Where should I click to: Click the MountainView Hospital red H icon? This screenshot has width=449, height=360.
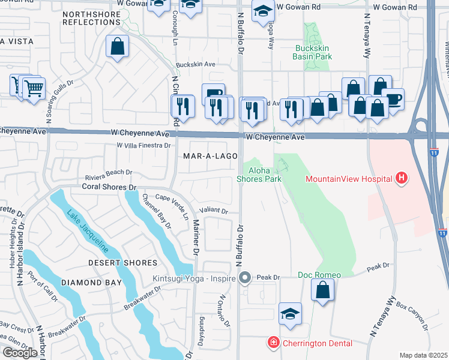tap(402, 178)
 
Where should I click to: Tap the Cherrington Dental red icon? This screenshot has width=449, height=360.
tap(273, 343)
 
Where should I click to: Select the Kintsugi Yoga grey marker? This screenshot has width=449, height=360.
tap(244, 278)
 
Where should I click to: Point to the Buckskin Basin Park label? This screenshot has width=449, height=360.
tap(312, 52)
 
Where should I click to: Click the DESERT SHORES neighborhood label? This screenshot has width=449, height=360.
tap(122, 263)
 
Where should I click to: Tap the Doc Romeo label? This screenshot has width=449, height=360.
tap(319, 275)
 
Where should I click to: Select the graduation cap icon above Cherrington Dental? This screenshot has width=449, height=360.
tap(290, 314)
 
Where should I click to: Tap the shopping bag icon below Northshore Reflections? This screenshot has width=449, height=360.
tap(118, 46)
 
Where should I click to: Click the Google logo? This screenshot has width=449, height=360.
tap(20, 353)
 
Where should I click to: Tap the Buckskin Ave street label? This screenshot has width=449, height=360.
tap(195, 64)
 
